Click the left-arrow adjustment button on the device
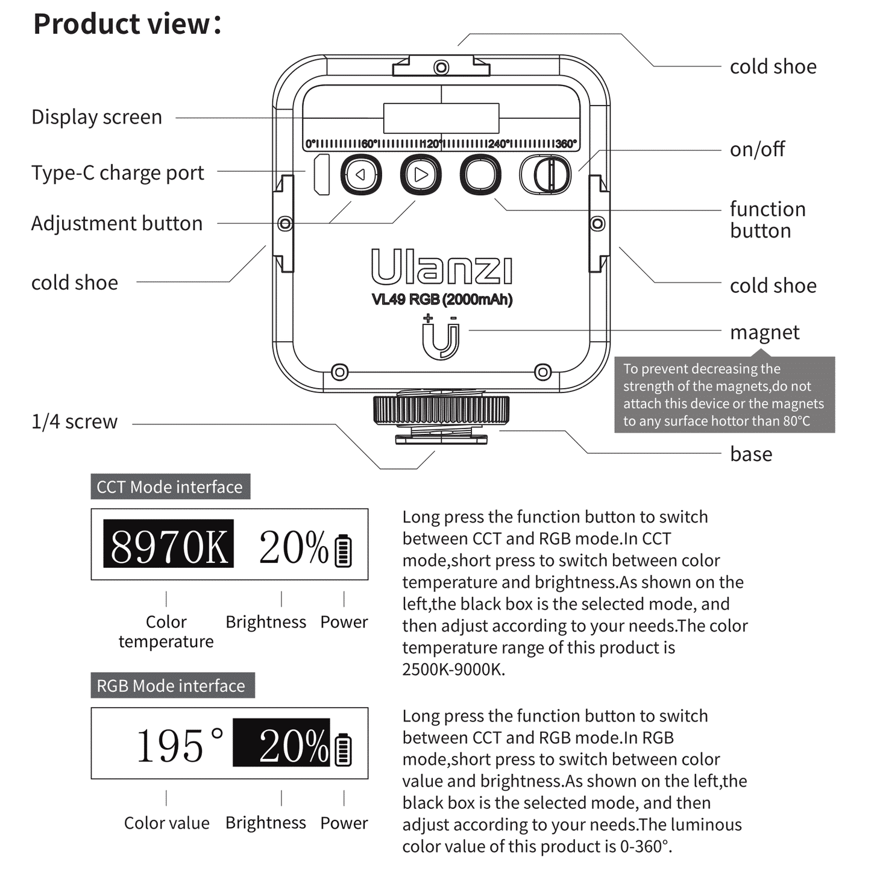coord(361,175)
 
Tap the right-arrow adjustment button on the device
coord(421,175)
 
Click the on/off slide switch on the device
coord(546,175)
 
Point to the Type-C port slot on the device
coord(322,175)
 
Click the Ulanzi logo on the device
coord(442,267)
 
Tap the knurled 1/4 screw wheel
coord(441,409)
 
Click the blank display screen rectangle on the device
coord(441,118)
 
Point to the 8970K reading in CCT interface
coord(168,544)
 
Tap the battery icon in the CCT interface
coord(343,550)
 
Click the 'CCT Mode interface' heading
coord(170,486)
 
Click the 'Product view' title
coord(127,24)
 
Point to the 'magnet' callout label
coord(764,332)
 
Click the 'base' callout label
coord(750,454)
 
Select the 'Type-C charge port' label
coord(118,173)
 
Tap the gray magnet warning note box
coord(724,395)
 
